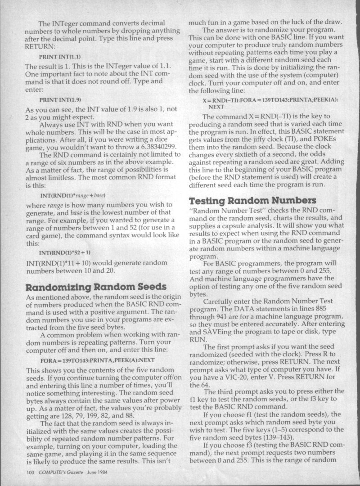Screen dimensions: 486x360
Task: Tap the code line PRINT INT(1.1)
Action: tap(60, 58)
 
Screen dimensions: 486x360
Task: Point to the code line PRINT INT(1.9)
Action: tap(60, 99)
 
